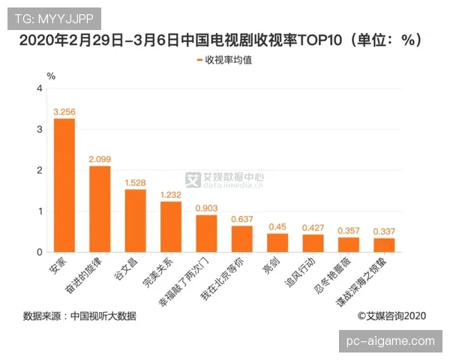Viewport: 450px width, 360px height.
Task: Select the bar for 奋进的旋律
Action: tap(100, 208)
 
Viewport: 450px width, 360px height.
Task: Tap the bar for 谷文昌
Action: tap(135, 220)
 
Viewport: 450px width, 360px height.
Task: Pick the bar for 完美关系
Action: tap(171, 226)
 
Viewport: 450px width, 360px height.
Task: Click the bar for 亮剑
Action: tap(277, 242)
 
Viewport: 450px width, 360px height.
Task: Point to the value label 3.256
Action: tap(64, 112)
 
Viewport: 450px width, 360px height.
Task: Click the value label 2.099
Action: tap(100, 159)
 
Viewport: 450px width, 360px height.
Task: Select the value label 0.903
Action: tap(206, 207)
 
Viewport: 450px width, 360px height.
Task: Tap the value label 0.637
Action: tap(241, 218)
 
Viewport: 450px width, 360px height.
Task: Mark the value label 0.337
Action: tap(384, 231)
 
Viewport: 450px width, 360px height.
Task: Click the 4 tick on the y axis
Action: tap(39, 89)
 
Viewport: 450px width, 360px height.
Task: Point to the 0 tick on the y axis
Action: tap(39, 252)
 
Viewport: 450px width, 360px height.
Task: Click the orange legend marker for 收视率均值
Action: tap(199, 59)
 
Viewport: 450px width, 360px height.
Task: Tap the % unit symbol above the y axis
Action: tap(51, 76)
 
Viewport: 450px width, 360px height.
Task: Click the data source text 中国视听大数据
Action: tap(103, 316)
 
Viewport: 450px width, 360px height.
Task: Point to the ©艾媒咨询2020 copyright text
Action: tap(391, 316)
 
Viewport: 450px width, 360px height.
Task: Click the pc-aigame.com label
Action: tap(391, 341)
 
